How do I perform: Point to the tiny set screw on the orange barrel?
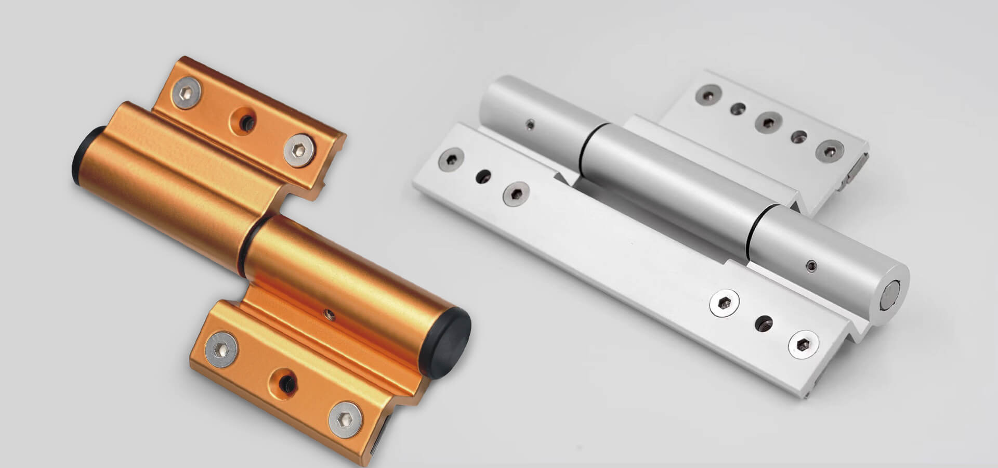click(328, 313)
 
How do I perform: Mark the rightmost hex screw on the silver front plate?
click(803, 344)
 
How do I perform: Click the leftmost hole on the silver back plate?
click(710, 95)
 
